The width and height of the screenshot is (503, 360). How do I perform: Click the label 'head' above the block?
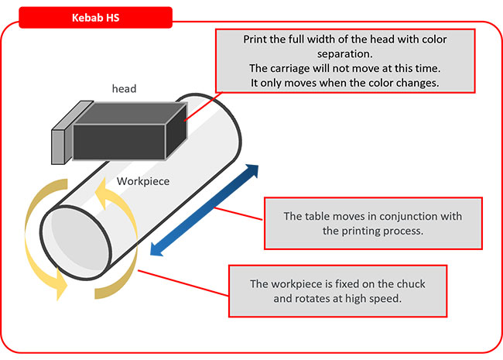123,89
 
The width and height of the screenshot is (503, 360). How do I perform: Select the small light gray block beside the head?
60,144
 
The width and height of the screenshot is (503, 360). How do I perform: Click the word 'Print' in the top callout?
256,39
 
